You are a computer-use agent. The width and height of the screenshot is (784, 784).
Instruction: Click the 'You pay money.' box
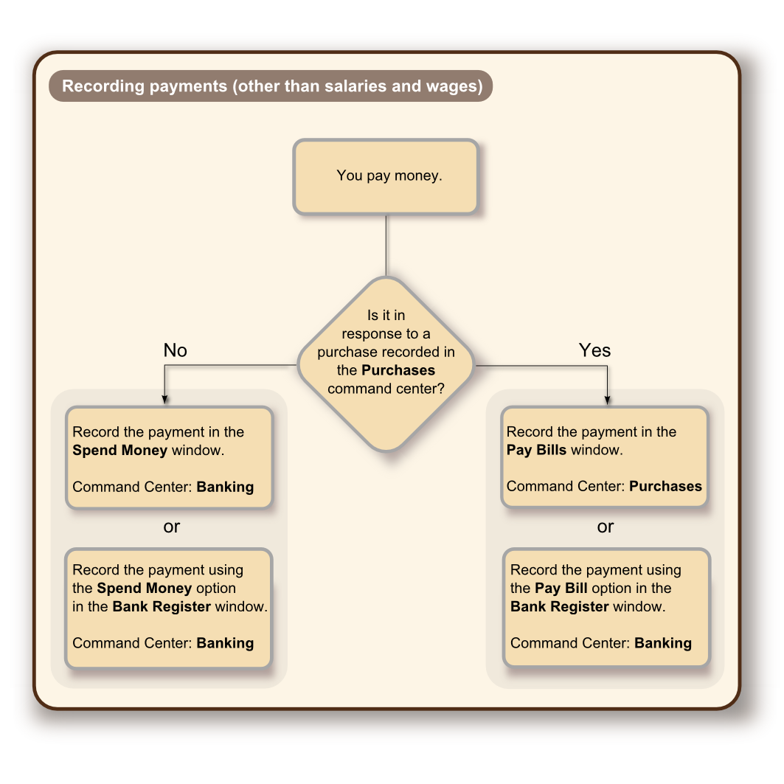386,177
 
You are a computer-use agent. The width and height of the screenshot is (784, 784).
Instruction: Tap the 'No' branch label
175,350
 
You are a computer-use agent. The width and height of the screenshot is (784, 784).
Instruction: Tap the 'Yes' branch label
594,350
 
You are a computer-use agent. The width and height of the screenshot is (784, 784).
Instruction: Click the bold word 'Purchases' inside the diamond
398,370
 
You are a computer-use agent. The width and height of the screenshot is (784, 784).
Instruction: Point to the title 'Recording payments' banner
271,86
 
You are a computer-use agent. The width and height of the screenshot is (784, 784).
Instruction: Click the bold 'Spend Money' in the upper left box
119,450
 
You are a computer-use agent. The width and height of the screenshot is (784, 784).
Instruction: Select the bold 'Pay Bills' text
537,450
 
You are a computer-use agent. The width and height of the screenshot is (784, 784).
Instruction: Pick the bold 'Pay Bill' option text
561,589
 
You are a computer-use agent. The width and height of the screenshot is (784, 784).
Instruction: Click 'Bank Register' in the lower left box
162,607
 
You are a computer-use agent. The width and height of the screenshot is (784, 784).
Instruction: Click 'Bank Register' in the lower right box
560,607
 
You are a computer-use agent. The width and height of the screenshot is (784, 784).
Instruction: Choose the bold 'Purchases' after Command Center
665,486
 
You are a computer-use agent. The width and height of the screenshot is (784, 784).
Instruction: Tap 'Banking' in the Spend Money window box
225,487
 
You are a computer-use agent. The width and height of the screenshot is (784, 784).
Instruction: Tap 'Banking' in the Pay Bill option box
663,643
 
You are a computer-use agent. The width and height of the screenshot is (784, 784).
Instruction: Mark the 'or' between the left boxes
171,527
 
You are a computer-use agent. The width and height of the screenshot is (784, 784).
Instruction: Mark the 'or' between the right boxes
606,527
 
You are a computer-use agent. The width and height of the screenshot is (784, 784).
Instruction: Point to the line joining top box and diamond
386,246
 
